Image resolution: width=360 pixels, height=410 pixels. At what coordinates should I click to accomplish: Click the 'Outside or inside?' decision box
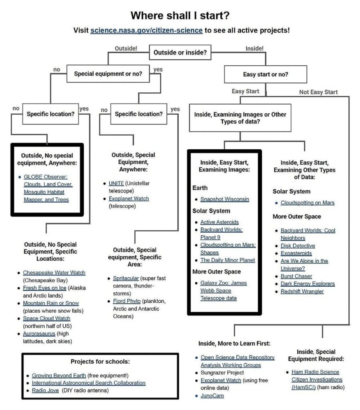pos(180,52)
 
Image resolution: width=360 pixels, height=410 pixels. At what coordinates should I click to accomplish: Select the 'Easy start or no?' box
pos(265,74)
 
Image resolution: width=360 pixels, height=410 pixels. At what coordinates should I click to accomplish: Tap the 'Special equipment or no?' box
pos(108,74)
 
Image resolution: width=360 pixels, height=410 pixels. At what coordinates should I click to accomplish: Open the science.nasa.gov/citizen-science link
pos(146,30)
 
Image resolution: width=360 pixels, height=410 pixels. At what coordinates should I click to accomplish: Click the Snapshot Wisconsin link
pos(225,199)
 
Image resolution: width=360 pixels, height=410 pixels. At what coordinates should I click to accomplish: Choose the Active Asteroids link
pos(219,222)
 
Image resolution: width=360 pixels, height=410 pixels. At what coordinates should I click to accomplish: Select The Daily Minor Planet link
pos(227,260)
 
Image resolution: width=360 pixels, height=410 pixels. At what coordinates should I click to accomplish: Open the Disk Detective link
pos(298,245)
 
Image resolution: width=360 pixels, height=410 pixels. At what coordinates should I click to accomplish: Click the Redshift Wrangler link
pos(302,291)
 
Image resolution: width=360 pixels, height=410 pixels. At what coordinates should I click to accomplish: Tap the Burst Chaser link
pos(296,276)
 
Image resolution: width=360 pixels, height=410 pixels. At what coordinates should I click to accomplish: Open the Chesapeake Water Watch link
pos(54,273)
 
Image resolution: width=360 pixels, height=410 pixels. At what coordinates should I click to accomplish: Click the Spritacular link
pos(126,278)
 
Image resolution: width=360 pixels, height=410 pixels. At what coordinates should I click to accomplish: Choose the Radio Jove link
pos(45,390)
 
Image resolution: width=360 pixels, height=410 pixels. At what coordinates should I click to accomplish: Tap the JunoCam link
pos(212,396)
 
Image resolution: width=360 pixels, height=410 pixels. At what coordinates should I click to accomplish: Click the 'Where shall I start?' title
pos(180,16)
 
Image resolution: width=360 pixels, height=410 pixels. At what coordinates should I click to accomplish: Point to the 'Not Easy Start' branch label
pos(318,92)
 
